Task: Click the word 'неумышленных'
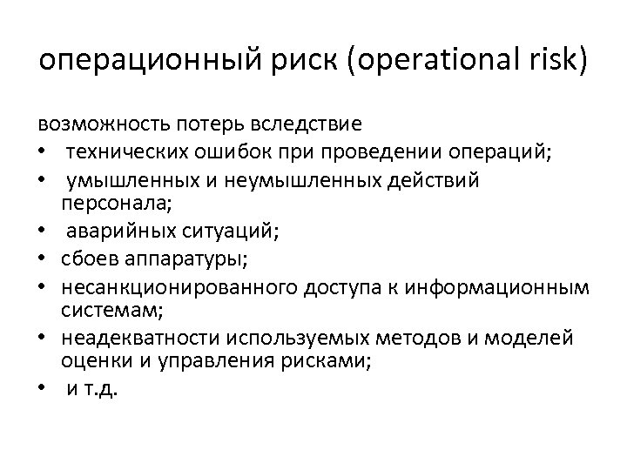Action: point(266,179)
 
